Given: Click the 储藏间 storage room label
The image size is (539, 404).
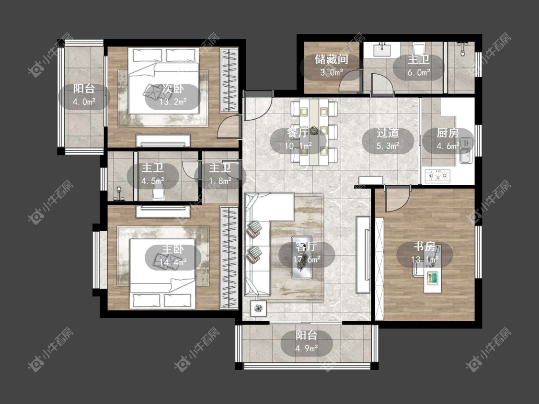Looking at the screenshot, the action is point(332,59).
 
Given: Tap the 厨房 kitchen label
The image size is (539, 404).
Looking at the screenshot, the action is point(447,133).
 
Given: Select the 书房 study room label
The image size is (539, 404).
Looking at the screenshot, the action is point(424,247).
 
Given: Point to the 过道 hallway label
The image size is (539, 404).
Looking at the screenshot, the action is point(388,133).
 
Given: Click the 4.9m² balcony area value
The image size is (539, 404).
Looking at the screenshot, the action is point(306,348).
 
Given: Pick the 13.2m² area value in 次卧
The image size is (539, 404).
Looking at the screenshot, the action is point(172,101).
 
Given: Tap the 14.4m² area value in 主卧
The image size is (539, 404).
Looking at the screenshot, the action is point(172,262).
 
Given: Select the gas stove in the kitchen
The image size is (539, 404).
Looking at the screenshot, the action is point(437,176).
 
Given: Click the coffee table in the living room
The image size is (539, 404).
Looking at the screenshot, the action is point(302,257).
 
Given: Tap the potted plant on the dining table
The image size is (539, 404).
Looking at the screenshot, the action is point(313,131).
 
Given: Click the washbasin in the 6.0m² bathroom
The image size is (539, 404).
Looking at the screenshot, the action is point(382,50).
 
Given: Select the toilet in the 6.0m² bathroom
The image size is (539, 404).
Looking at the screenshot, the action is point(419,50).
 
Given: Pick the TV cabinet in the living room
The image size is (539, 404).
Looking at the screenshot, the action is point(363,255).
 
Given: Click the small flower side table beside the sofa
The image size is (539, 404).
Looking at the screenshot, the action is point(258,308).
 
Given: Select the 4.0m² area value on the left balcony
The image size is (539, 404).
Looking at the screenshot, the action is point(84,101).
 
